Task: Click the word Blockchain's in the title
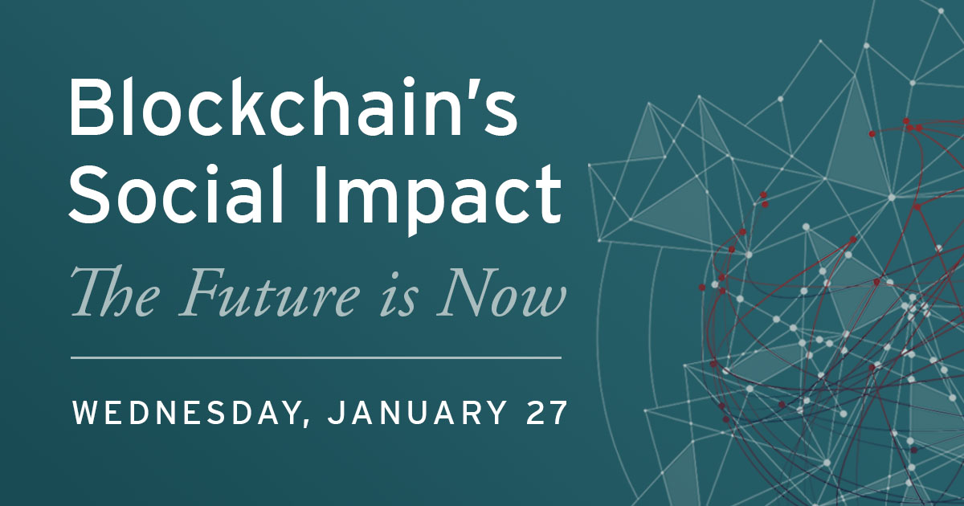tap(293, 107)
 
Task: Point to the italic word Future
tap(270, 292)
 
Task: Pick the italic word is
tap(399, 296)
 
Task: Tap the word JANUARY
tap(417, 413)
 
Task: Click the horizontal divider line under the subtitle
tap(316, 357)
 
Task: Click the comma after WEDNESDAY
tap(305, 422)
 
